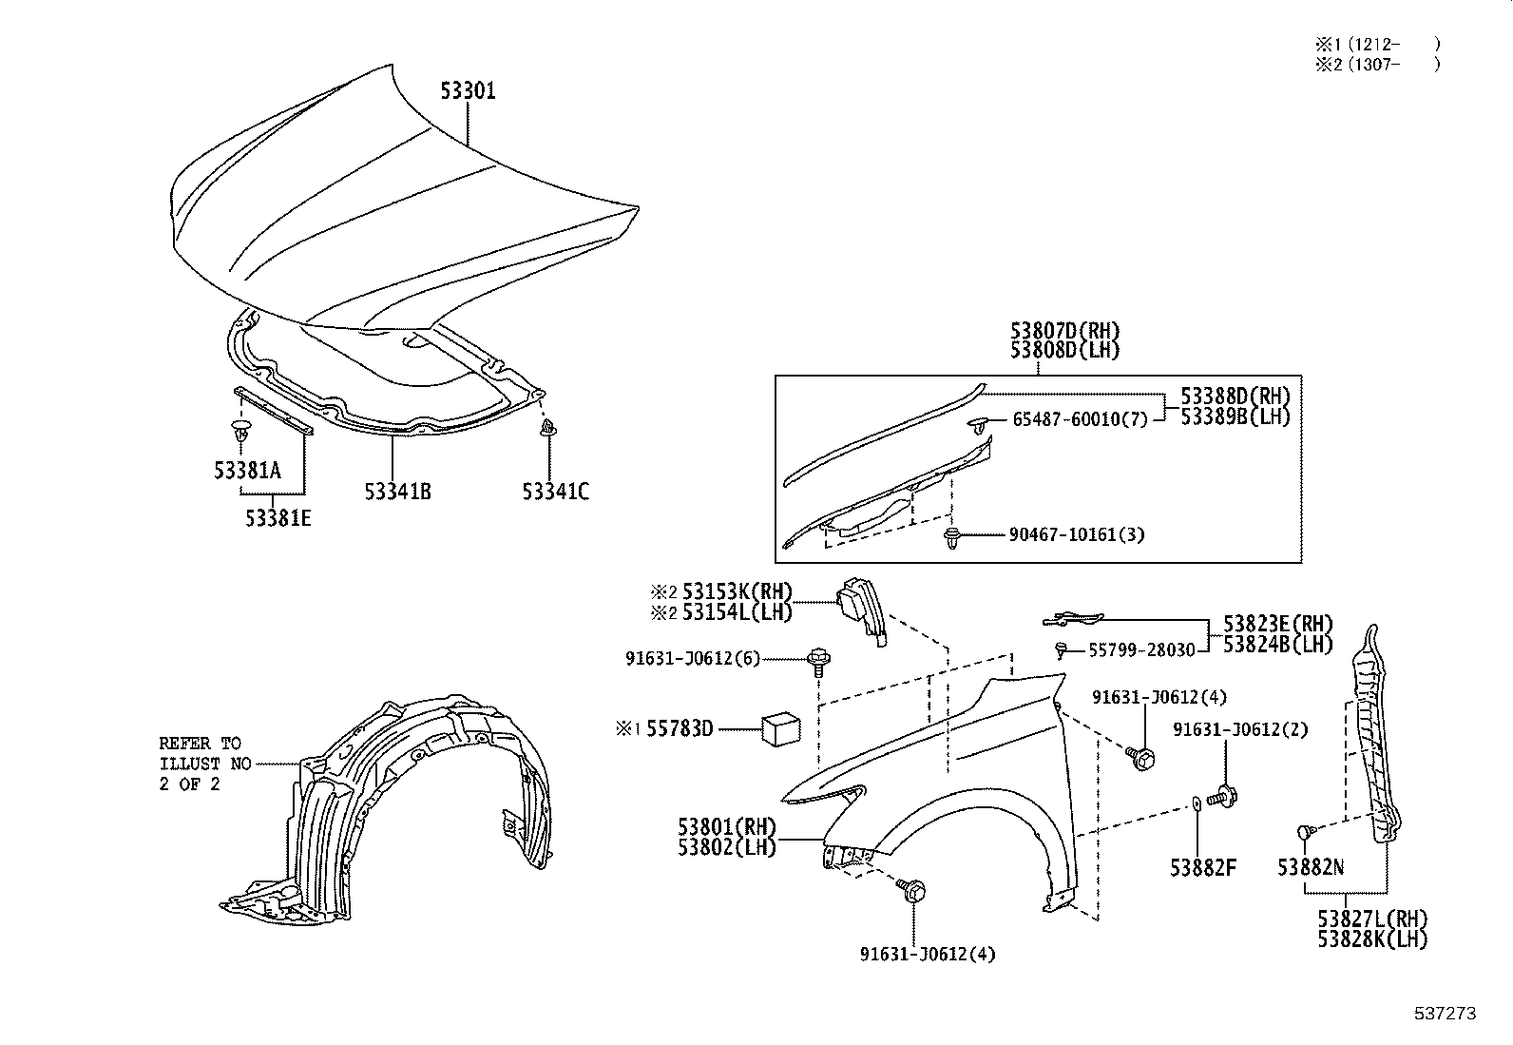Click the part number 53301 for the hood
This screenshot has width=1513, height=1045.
tap(468, 91)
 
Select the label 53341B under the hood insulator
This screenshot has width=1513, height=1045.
tap(397, 492)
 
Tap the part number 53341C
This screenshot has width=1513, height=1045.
tap(555, 492)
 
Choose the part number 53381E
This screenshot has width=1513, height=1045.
tap(278, 518)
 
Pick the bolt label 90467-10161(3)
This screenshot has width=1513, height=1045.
tap(1077, 534)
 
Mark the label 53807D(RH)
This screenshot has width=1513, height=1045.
tap(1064, 331)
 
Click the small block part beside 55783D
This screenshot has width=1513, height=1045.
tap(780, 730)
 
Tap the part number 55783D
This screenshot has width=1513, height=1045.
tap(680, 729)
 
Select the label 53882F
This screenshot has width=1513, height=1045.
tap(1203, 867)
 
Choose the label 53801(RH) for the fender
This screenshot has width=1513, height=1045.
tap(727, 825)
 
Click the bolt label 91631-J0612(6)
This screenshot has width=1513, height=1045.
tap(693, 658)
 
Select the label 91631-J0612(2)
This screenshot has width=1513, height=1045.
tap(1240, 729)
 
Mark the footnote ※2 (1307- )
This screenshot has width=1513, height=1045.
tap(1377, 65)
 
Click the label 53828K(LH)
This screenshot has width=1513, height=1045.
tap(1372, 939)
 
